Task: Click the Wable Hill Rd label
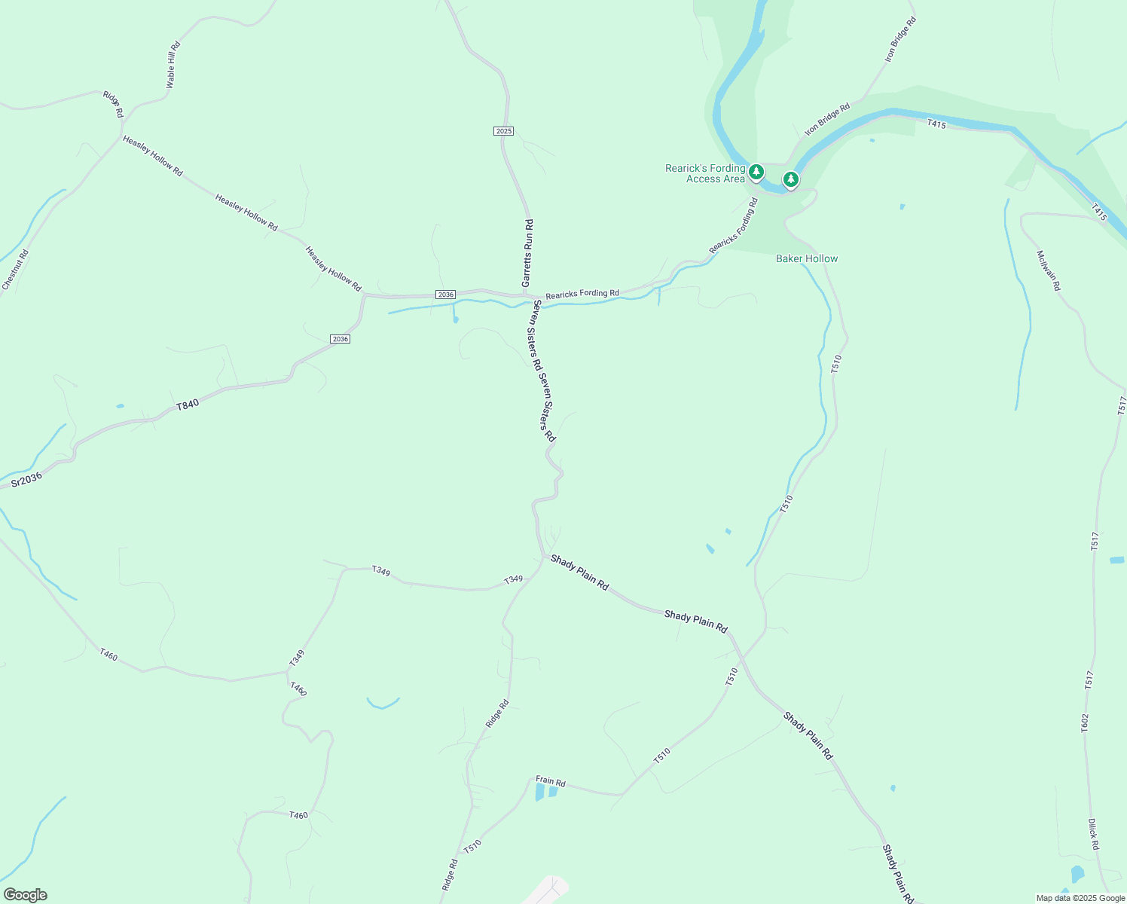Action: pos(173,66)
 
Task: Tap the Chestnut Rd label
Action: pos(15,269)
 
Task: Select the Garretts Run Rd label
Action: pos(528,253)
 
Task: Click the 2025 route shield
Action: pos(503,131)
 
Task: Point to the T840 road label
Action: pos(188,405)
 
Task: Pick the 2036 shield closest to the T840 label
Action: pos(340,339)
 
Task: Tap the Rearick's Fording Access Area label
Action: pos(705,173)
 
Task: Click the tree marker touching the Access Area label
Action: pos(756,173)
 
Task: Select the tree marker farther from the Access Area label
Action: pos(790,179)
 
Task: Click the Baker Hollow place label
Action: pos(807,258)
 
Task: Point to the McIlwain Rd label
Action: pos(1048,270)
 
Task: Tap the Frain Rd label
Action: pos(550,781)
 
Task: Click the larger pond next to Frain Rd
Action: pos(539,792)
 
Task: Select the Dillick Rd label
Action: pos(1093,834)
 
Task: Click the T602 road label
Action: pos(1084,722)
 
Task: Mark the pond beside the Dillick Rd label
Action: pos(1078,875)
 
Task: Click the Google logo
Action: pos(25,895)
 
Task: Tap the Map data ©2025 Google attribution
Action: pos(1080,898)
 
